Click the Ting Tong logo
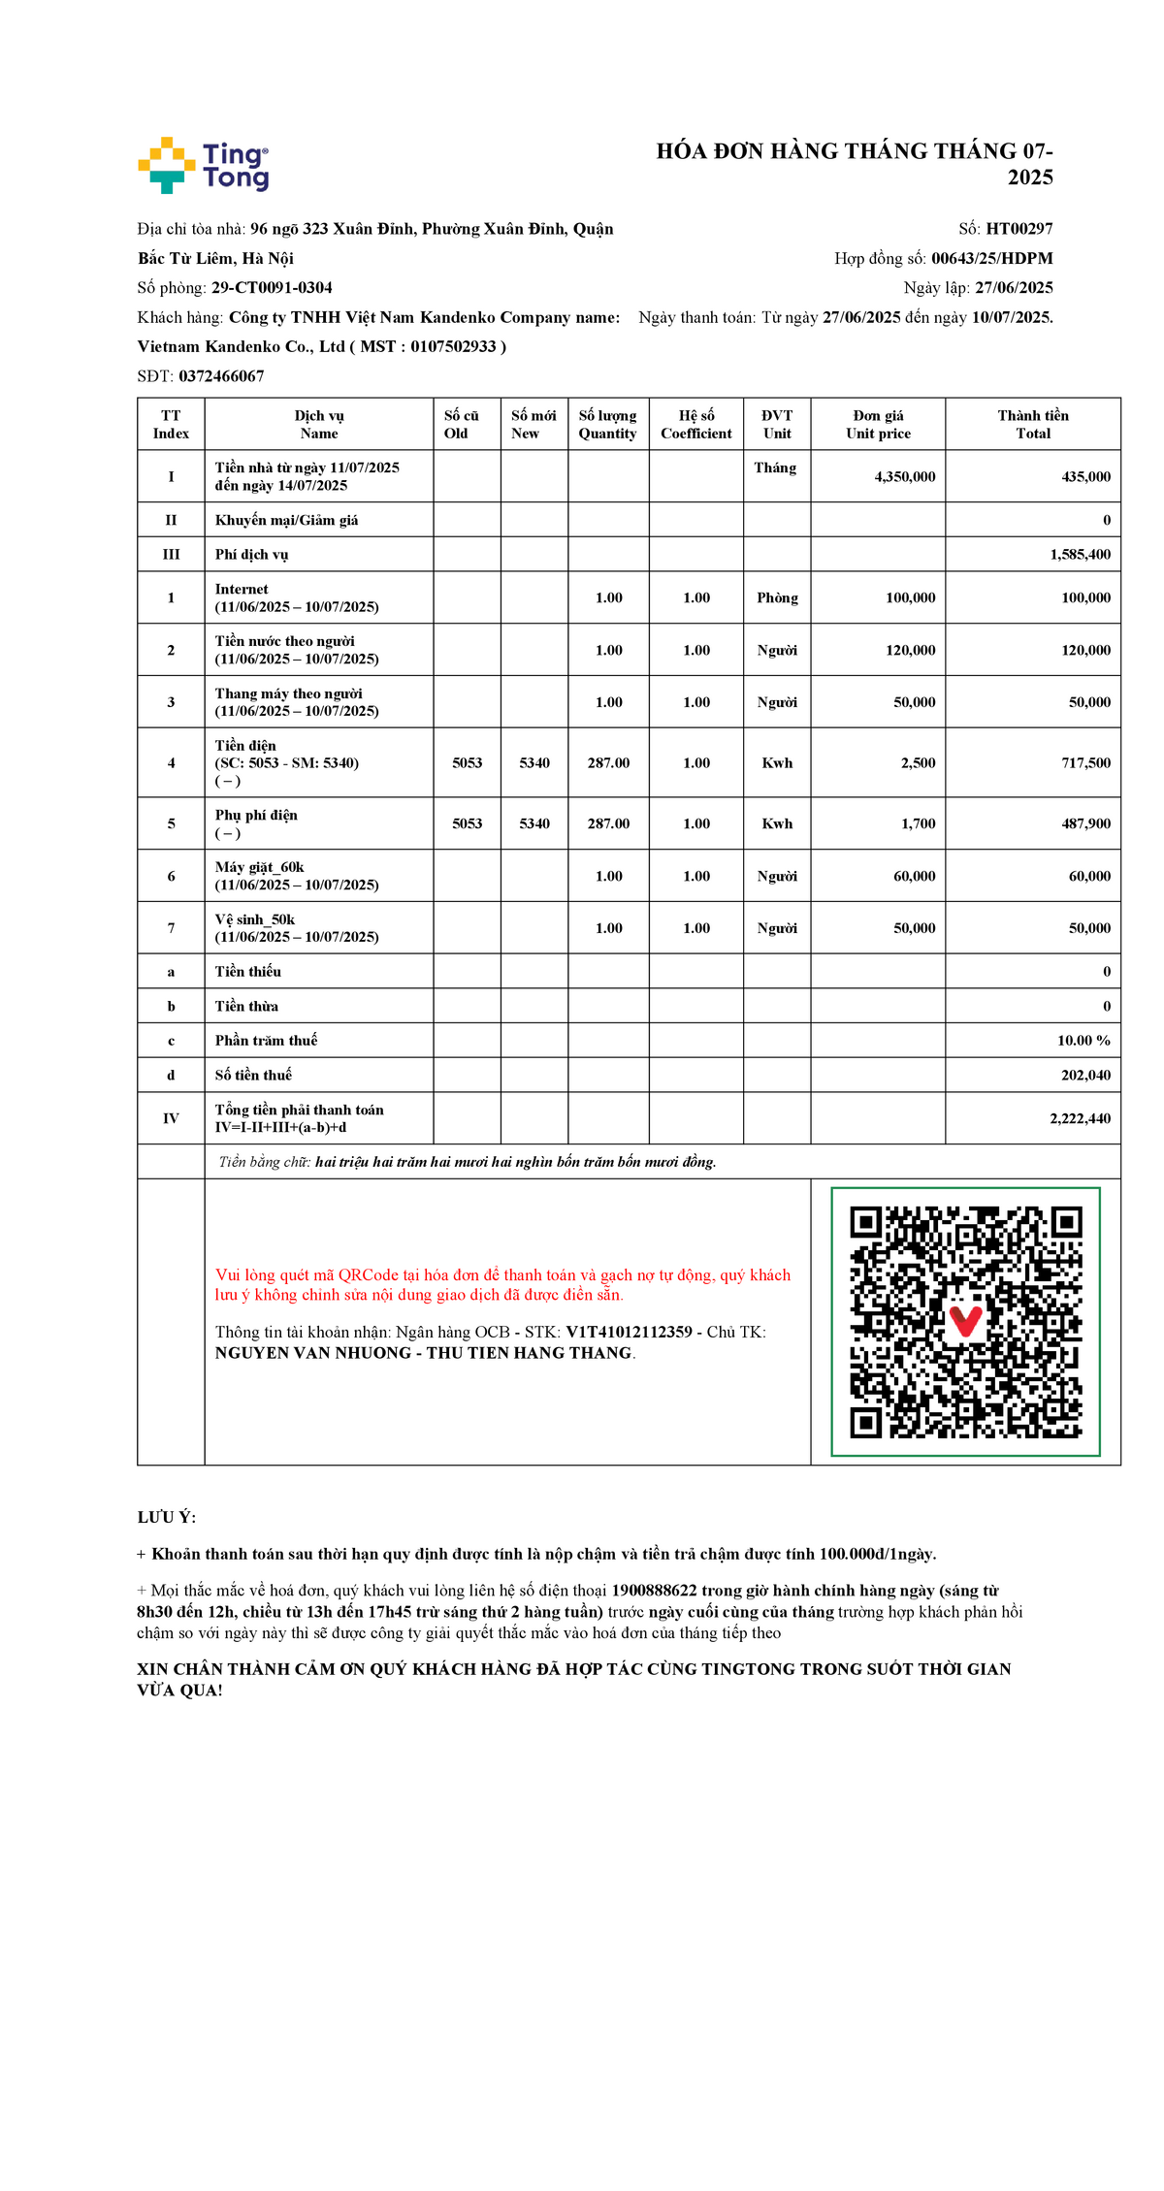(x=204, y=165)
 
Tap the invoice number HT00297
(x=1018, y=229)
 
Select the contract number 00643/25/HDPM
(x=991, y=258)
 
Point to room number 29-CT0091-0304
(x=272, y=288)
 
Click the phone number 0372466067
(x=221, y=376)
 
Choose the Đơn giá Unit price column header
(x=878, y=425)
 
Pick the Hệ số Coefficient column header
(x=695, y=425)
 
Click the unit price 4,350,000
(x=904, y=477)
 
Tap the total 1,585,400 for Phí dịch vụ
(x=1080, y=555)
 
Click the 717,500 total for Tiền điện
(x=1085, y=763)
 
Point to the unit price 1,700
(x=918, y=823)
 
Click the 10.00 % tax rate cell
(x=1083, y=1041)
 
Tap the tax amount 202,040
(x=1085, y=1075)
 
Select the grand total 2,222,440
(x=1080, y=1118)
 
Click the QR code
(x=965, y=1321)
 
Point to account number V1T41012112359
(x=629, y=1333)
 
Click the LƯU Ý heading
(x=166, y=1518)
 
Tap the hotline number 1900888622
(x=654, y=1591)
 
